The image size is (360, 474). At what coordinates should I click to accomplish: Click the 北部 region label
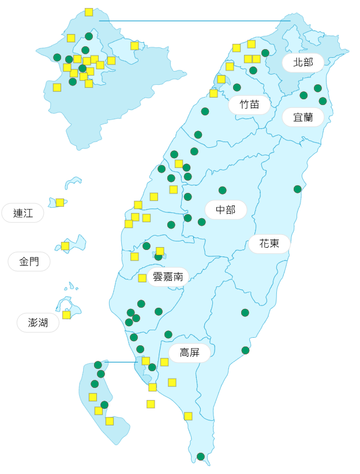click(303, 62)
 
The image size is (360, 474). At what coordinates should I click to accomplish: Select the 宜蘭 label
click(303, 117)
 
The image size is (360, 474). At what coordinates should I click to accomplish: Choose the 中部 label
click(226, 210)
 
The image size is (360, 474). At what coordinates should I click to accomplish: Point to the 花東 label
click(269, 244)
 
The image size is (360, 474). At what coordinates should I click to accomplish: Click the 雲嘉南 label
click(168, 277)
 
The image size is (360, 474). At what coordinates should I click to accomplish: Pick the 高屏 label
click(189, 353)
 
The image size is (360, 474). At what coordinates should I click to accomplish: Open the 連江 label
click(23, 213)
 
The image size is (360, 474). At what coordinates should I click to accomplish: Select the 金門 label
click(29, 262)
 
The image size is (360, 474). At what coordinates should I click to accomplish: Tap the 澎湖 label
click(38, 323)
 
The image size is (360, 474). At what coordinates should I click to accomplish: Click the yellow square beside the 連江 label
click(60, 203)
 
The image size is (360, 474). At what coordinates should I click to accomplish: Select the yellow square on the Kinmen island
click(65, 246)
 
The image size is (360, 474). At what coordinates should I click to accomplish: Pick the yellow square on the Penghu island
click(66, 315)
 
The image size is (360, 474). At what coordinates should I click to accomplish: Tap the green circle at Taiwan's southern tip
click(201, 457)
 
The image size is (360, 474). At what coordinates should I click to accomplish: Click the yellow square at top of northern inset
click(89, 12)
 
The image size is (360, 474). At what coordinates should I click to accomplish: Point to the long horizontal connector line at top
click(194, 21)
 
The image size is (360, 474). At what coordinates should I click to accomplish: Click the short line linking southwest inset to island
click(121, 363)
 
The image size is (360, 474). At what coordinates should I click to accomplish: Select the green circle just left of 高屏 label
click(168, 334)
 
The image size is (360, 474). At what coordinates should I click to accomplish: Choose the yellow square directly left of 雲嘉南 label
click(142, 278)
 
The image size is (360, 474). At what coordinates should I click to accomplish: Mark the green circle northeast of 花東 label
click(298, 189)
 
